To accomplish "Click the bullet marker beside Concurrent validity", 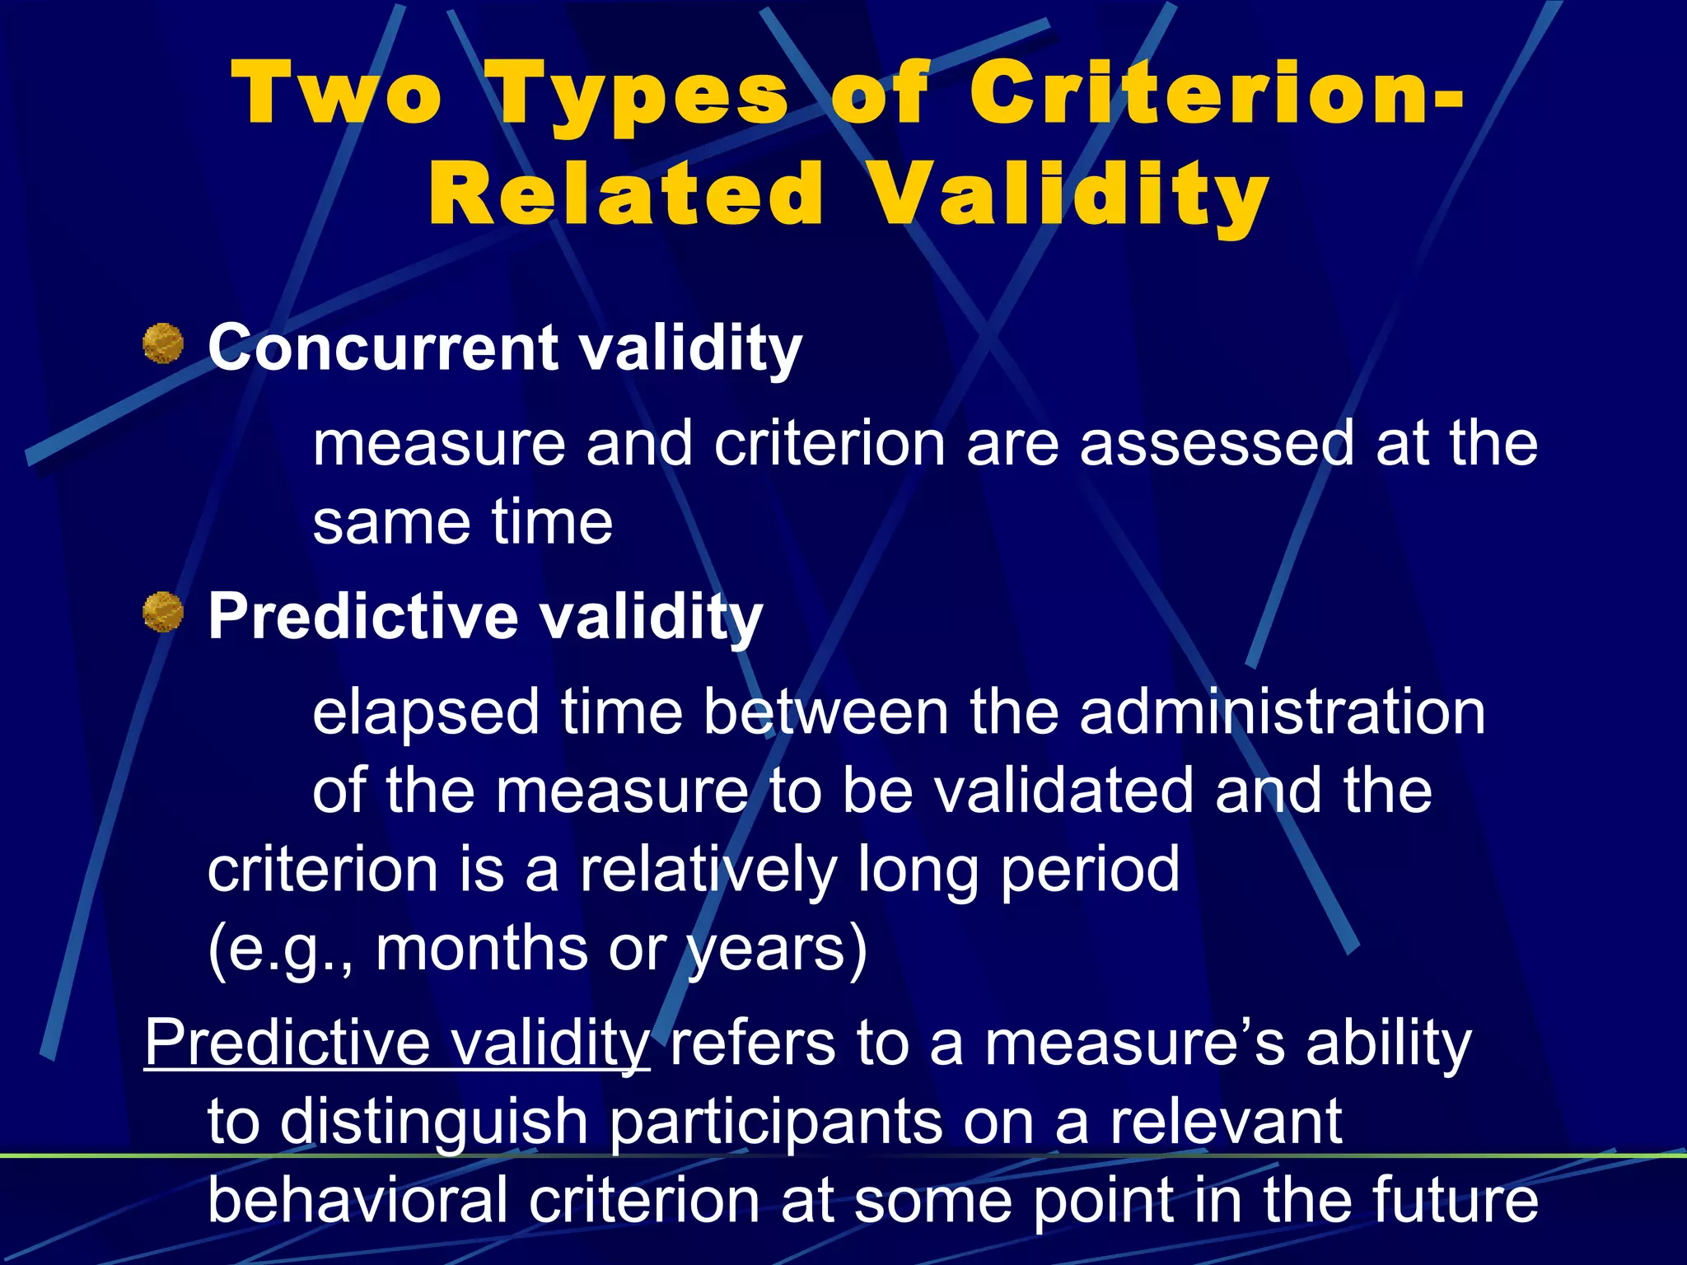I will coord(163,344).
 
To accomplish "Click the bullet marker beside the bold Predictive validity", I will coord(163,612).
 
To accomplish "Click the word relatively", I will coord(708,870).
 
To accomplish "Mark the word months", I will coord(482,949).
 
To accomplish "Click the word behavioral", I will coord(357,1200).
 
